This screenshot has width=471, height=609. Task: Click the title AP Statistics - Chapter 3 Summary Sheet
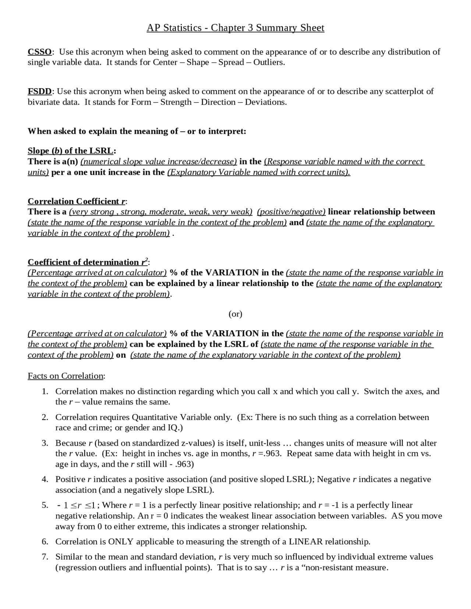pos(235,28)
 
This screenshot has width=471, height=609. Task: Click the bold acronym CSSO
pos(40,52)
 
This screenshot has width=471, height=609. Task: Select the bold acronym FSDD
pos(40,91)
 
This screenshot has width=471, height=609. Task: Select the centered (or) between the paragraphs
pos(235,314)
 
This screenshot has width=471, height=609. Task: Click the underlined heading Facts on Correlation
pos(66,376)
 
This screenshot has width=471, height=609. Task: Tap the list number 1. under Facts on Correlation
pos(45,391)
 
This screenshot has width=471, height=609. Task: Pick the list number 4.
pos(45,479)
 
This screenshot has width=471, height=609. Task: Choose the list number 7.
pos(45,557)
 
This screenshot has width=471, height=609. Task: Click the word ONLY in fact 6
pos(121,542)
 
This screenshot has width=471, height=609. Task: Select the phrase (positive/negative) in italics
pos(291,212)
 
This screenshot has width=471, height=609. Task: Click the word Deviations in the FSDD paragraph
pos(265,102)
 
